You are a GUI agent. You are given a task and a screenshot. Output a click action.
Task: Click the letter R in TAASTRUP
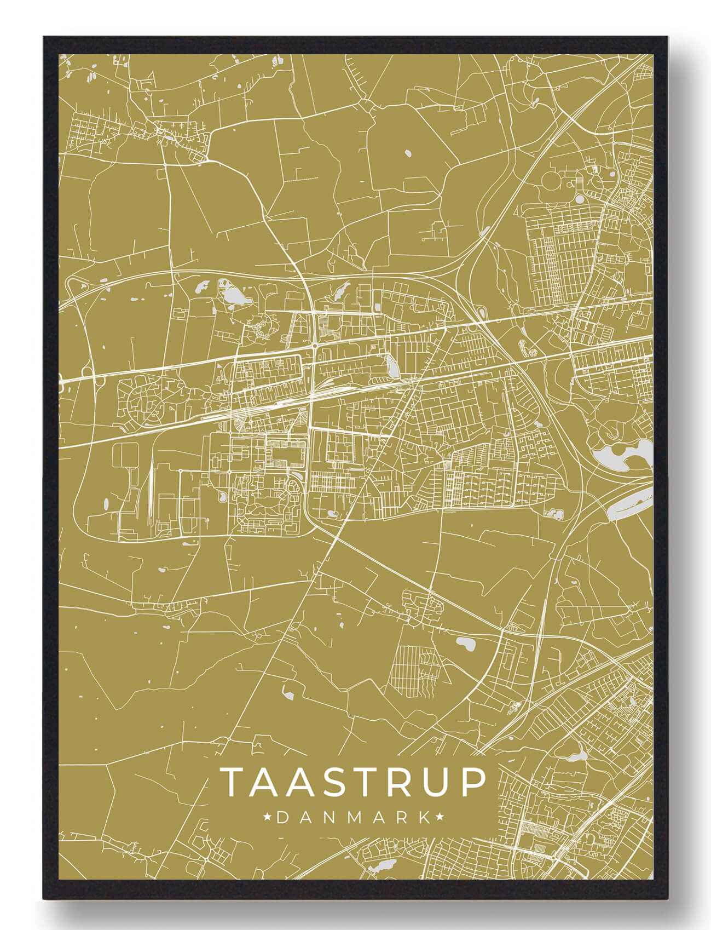click(398, 782)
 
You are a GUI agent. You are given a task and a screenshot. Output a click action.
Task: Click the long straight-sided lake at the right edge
click(629, 502)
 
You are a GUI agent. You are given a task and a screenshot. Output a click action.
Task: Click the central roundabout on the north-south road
click(315, 346)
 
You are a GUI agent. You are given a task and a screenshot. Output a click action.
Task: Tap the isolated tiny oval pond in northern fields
click(408, 152)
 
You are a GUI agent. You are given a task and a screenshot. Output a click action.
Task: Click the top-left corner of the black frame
click(45, 38)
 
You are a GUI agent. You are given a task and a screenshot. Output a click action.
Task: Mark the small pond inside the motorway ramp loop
click(481, 313)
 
